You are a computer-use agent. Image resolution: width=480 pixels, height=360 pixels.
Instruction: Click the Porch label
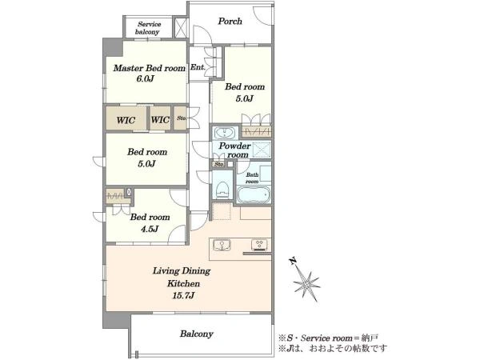pos(230,21)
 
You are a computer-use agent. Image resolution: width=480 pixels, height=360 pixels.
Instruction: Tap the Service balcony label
pos(149,28)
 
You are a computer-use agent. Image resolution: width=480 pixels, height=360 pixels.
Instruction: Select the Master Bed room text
pos(150,68)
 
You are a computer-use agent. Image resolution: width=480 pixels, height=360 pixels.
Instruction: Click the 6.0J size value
pos(145,79)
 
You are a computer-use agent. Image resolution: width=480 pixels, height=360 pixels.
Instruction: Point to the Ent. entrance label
pos(198,67)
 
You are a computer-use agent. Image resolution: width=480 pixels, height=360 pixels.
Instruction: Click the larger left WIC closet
pos(126,119)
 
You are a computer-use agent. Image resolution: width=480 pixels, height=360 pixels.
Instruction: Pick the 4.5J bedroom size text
pos(150,229)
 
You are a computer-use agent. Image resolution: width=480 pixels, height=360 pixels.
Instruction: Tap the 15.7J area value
pos(183,296)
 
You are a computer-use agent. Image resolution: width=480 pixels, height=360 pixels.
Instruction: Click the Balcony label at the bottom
pos(197,334)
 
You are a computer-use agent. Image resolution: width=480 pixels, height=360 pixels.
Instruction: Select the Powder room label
pos(235,150)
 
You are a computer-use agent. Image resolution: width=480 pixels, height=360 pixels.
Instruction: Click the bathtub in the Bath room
pos(254,194)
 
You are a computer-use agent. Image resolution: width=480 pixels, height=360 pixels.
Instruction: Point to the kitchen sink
pos(222,246)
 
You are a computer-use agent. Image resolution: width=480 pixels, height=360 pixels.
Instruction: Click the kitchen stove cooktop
pos(259,244)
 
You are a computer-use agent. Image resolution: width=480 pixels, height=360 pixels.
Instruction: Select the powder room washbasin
pos(225,133)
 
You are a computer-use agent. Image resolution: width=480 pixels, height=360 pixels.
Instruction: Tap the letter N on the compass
pos(293,261)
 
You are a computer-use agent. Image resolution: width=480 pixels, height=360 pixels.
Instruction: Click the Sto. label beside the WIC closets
pos(182,118)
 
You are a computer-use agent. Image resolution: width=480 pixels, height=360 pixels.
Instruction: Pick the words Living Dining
pos(182,271)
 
